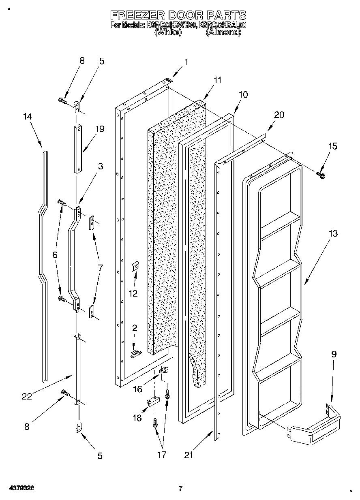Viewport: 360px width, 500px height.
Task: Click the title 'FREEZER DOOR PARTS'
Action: [178, 15]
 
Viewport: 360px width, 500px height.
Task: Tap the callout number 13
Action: [333, 234]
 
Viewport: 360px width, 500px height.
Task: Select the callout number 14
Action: [27, 117]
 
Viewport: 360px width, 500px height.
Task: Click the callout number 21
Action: [188, 455]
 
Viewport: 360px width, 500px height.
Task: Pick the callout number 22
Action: [27, 397]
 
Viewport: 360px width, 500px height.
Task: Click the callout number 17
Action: [162, 455]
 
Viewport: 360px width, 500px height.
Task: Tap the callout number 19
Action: [99, 129]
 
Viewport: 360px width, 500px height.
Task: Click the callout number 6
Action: [55, 255]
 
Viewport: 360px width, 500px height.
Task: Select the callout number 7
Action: [100, 268]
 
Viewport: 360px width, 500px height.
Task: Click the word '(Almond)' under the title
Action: [223, 32]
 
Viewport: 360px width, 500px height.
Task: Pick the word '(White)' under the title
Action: [167, 32]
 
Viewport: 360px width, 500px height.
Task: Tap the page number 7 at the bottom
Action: [181, 488]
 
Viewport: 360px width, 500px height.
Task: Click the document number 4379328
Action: [20, 488]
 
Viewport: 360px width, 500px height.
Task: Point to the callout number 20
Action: [279, 115]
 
